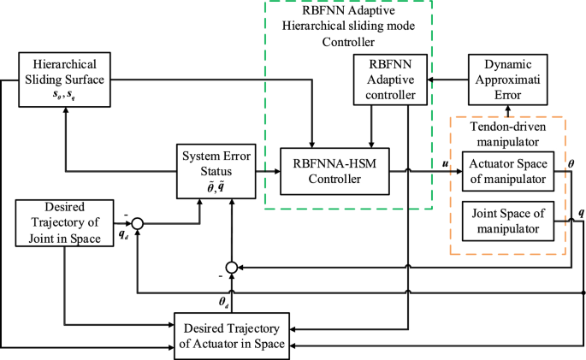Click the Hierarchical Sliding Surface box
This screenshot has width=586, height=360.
tap(65, 79)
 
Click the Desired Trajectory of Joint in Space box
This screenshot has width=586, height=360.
tap(65, 221)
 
